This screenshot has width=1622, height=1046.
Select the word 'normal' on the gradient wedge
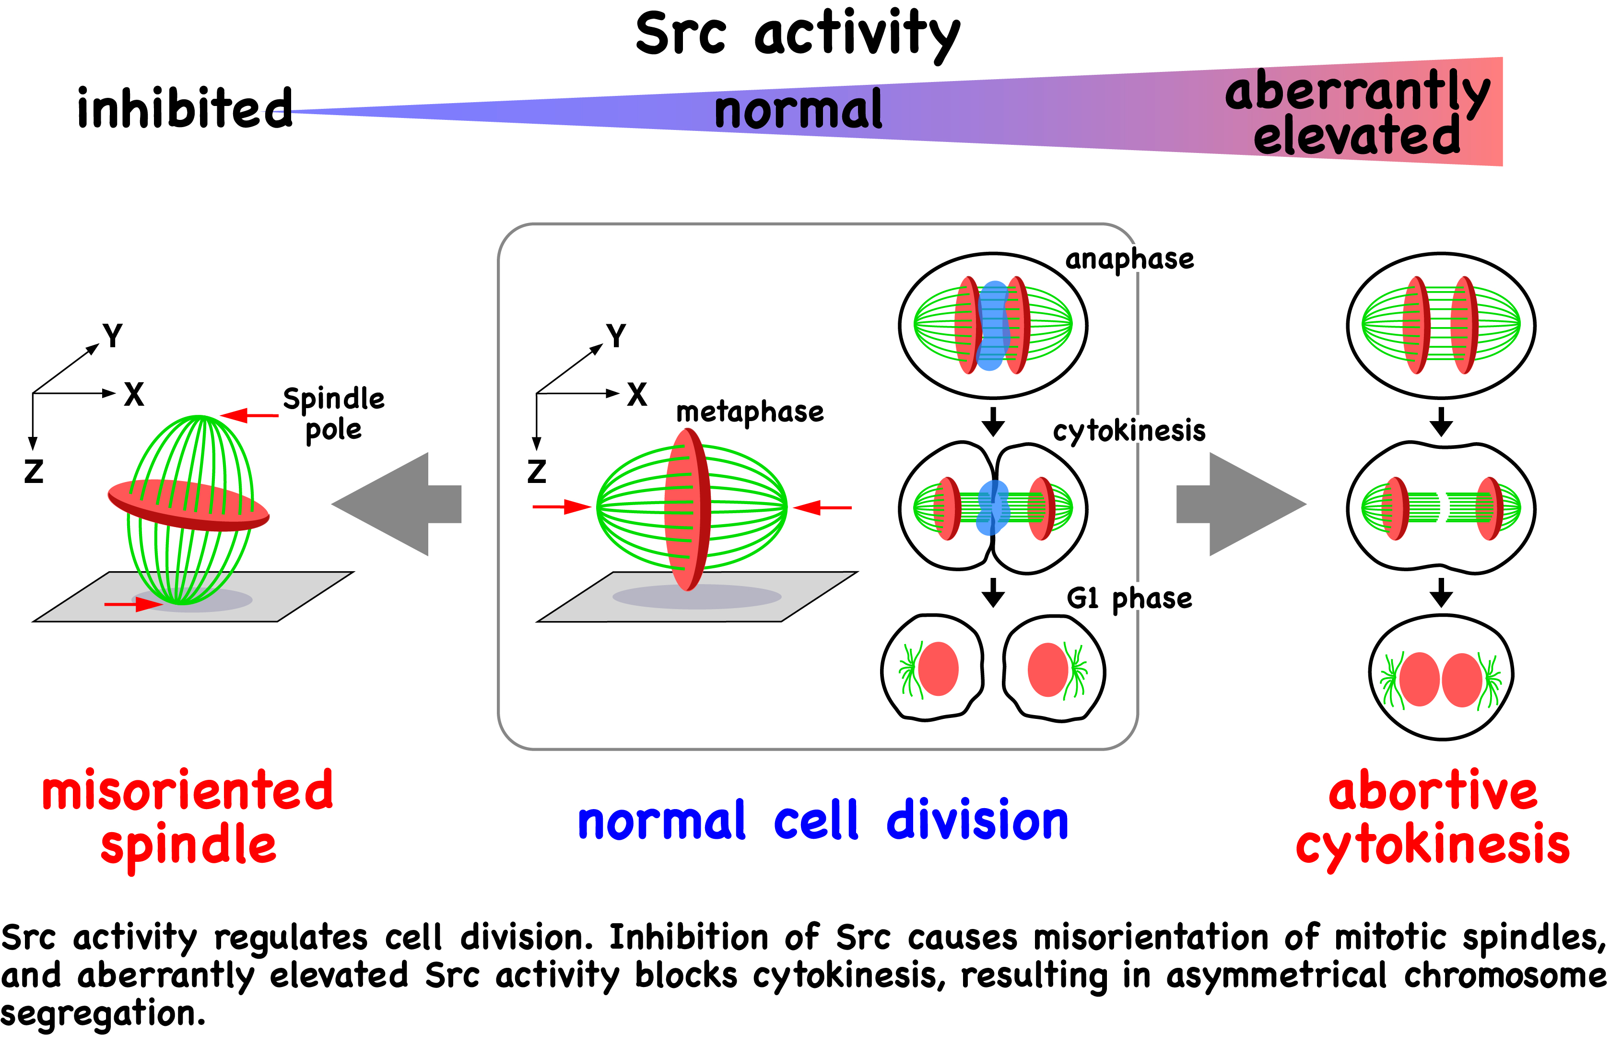point(798,110)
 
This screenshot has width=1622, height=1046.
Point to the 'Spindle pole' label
point(333,414)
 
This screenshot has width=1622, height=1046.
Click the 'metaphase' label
point(750,411)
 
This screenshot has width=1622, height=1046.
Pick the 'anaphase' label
point(1129,259)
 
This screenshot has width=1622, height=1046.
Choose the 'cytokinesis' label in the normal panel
point(1129,431)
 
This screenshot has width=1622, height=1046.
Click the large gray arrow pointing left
point(397,504)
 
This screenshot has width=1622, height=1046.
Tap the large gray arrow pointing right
point(1241,504)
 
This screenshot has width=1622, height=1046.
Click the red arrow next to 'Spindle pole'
point(249,415)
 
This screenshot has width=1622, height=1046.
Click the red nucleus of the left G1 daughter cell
point(938,669)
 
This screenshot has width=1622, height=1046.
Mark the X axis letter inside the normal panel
point(636,394)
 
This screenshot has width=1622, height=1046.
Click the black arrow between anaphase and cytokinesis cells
point(993,421)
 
